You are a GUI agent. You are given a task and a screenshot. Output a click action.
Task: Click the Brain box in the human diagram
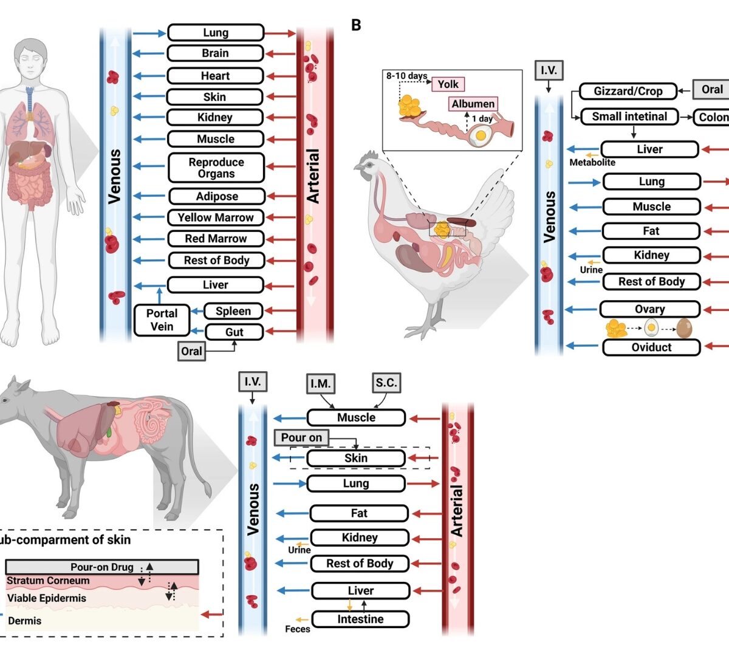pyautogui.click(x=215, y=53)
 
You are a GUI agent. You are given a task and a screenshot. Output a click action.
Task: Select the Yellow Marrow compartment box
pyautogui.click(x=216, y=217)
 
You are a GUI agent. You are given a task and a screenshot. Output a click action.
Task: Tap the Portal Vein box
pyautogui.click(x=162, y=320)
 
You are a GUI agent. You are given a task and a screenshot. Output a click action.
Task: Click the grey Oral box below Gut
pyautogui.click(x=191, y=351)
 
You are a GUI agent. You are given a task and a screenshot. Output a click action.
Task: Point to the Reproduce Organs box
pyautogui.click(x=216, y=168)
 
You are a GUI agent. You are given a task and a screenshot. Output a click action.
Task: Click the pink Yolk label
pyautogui.click(x=448, y=84)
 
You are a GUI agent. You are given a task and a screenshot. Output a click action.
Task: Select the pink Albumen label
pyautogui.click(x=473, y=104)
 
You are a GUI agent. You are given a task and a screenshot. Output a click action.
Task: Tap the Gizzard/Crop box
pyautogui.click(x=628, y=91)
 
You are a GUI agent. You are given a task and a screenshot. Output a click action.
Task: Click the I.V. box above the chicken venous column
pyautogui.click(x=549, y=70)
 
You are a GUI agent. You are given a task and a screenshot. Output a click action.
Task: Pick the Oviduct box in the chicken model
pyautogui.click(x=651, y=347)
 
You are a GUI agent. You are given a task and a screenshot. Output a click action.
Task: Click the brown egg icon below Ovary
pyautogui.click(x=684, y=329)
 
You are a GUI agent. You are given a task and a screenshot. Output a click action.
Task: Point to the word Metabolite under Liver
pyautogui.click(x=592, y=163)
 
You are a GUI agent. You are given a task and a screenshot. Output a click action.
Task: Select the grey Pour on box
pyautogui.click(x=301, y=437)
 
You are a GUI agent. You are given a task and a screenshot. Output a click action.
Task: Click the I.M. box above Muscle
pyautogui.click(x=320, y=383)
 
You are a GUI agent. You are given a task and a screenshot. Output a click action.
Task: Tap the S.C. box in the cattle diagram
pyautogui.click(x=386, y=383)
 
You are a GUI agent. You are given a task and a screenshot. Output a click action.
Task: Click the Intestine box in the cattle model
pyautogui.click(x=360, y=620)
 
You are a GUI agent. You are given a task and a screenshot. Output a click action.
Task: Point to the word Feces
pyautogui.click(x=298, y=629)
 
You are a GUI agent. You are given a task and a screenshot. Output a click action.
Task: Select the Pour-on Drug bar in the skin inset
pyautogui.click(x=101, y=567)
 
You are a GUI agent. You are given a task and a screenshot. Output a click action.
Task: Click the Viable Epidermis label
pyautogui.click(x=47, y=598)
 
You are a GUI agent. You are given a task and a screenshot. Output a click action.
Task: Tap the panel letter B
pyautogui.click(x=356, y=25)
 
